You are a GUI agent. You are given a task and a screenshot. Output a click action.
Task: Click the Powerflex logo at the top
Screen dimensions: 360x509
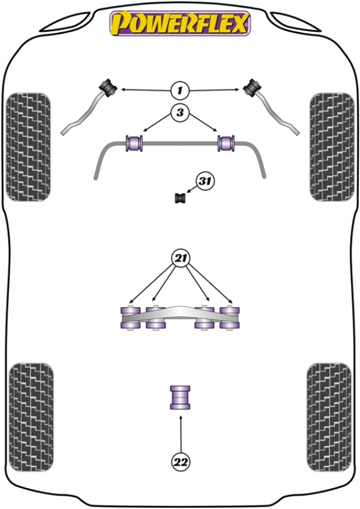click(x=180, y=23)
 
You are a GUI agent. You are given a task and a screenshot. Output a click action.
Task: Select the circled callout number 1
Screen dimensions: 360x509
click(x=179, y=90)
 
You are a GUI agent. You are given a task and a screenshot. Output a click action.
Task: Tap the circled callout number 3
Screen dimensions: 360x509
click(x=180, y=113)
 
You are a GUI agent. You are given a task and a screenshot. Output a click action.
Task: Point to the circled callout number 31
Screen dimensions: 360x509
click(x=205, y=181)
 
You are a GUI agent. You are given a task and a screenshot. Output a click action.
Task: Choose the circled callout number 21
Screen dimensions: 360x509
click(x=181, y=258)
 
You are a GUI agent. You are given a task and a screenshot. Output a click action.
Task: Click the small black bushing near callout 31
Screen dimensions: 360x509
click(x=180, y=198)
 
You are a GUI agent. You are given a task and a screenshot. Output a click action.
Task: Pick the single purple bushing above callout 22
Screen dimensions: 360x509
click(x=180, y=397)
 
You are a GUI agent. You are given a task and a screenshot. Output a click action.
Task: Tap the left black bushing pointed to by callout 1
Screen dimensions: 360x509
click(x=108, y=87)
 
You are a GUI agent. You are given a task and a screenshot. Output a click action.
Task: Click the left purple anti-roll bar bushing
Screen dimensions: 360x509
click(x=134, y=143)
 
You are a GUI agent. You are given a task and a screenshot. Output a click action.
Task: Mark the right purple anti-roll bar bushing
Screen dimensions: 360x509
click(x=226, y=143)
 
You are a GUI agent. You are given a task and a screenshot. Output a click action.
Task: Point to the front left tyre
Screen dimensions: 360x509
click(x=29, y=147)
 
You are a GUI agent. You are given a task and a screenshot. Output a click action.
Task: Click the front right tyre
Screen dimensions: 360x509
click(x=332, y=147)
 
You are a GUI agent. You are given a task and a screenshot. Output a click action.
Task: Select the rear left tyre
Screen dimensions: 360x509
click(x=31, y=417)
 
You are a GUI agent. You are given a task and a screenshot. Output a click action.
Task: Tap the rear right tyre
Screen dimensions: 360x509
click(x=329, y=417)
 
